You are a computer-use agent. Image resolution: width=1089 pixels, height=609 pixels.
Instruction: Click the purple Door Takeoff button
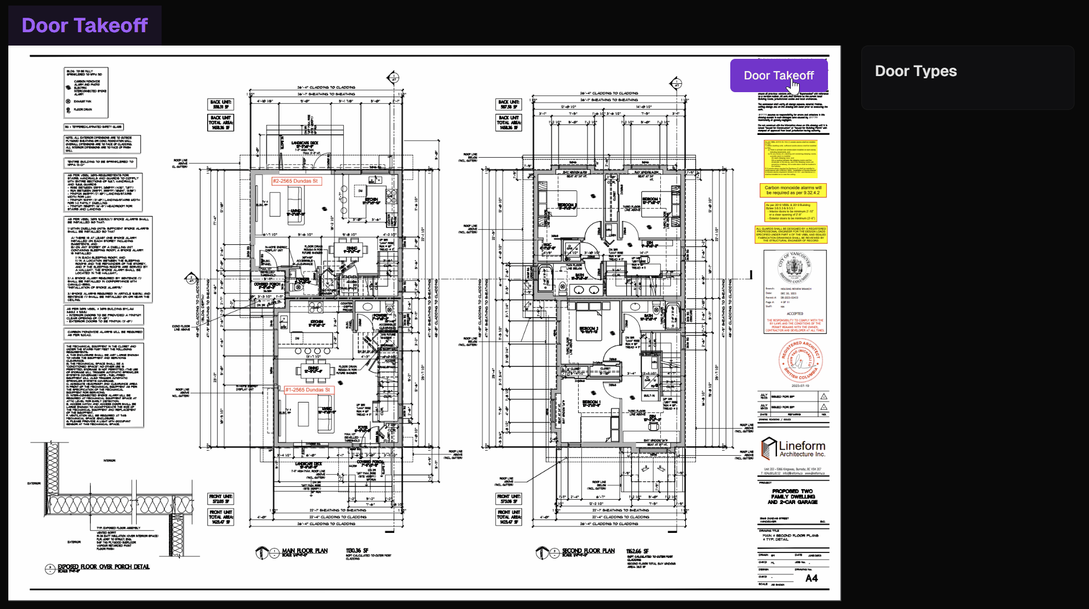pyautogui.click(x=779, y=76)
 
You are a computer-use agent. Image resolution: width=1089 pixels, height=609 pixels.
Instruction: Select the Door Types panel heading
pyautogui.click(x=916, y=71)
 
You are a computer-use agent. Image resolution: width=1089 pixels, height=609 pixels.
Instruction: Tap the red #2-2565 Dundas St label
pyautogui.click(x=295, y=181)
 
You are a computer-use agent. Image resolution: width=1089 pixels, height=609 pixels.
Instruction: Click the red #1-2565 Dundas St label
pyautogui.click(x=308, y=390)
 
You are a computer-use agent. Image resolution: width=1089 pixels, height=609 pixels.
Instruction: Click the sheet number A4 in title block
pyautogui.click(x=811, y=578)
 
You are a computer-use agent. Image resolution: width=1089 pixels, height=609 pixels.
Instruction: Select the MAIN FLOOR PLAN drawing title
pyautogui.click(x=304, y=551)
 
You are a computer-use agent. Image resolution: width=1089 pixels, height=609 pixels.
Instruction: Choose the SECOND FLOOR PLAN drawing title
pyautogui.click(x=588, y=551)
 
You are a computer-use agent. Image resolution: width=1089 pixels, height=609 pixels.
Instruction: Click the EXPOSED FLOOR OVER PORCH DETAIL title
pyautogui.click(x=103, y=567)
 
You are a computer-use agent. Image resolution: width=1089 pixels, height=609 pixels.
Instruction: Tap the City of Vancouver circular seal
pyautogui.click(x=795, y=268)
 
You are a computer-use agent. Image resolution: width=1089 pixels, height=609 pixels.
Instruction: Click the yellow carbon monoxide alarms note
pyautogui.click(x=792, y=190)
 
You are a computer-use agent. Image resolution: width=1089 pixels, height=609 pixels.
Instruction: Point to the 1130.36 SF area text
pyautogui.click(x=357, y=551)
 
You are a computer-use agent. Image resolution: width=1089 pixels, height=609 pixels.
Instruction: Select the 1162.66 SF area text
pyautogui.click(x=638, y=551)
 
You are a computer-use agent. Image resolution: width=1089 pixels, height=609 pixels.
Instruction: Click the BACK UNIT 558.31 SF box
pyautogui.click(x=220, y=104)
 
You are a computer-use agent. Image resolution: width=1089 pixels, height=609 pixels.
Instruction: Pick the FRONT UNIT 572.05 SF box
pyautogui.click(x=220, y=499)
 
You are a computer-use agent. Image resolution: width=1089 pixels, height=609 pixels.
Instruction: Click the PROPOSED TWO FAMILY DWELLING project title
pyautogui.click(x=792, y=496)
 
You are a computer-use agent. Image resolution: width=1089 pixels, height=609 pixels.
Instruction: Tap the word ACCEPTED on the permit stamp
pyautogui.click(x=795, y=314)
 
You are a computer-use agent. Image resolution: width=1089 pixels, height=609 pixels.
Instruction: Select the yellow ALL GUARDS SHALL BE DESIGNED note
pyautogui.click(x=791, y=234)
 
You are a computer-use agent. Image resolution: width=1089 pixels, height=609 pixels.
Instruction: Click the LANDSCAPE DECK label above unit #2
pyautogui.click(x=305, y=143)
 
